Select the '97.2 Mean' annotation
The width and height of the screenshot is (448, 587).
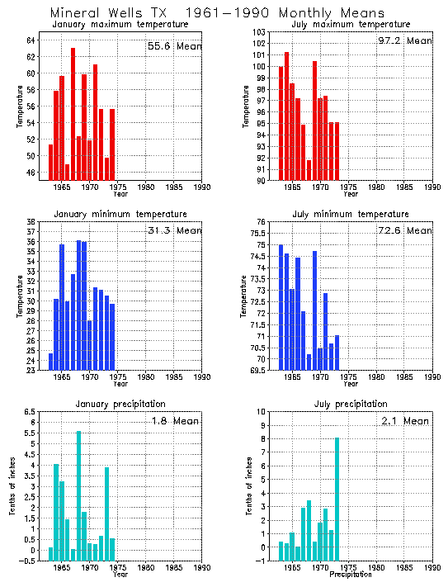tap(408, 40)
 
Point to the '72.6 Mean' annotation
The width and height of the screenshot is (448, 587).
tap(408, 230)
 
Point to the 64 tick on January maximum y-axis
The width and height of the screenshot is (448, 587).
tap(31, 40)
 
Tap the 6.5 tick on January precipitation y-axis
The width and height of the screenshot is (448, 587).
tap(29, 411)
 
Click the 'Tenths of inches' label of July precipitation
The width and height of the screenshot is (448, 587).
tap(248, 485)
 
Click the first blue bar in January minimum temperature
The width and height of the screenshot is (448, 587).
tap(50, 362)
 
